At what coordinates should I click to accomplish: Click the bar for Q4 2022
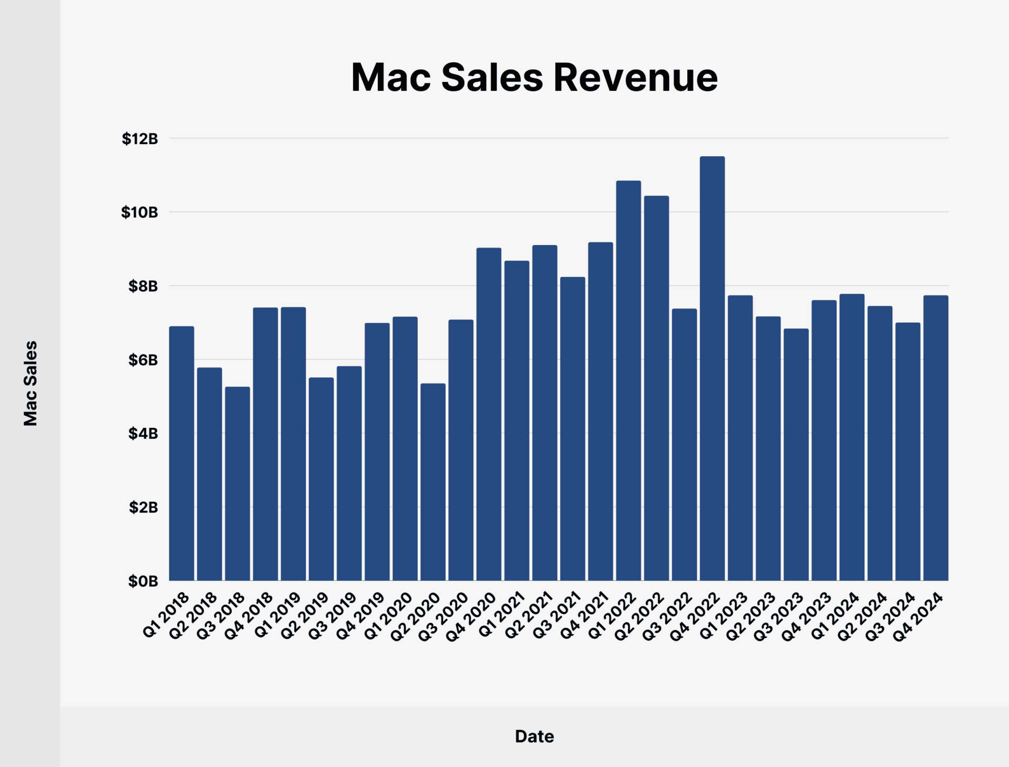[712, 368]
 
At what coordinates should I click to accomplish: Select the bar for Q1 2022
[629, 381]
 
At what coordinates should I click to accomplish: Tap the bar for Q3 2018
[238, 484]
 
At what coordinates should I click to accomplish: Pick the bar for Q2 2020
[433, 482]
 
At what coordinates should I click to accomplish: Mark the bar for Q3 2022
[684, 445]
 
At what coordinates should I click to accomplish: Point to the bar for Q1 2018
[181, 453]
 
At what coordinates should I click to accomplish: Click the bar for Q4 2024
[936, 438]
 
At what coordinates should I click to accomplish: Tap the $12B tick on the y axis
[140, 139]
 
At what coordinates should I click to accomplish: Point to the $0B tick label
[143, 581]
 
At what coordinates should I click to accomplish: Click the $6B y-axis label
[143, 360]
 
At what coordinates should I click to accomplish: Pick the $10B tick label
[139, 212]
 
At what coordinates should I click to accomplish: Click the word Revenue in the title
[635, 78]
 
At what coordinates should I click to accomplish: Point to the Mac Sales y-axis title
[30, 383]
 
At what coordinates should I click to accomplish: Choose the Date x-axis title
[534, 736]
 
